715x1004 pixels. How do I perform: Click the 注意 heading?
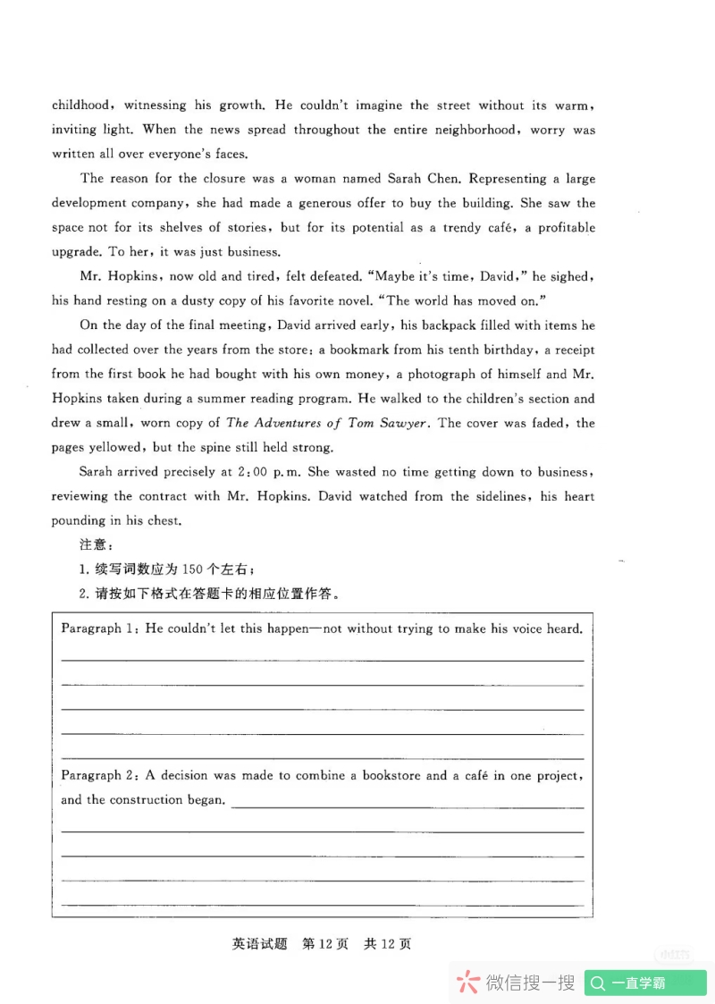click(90, 544)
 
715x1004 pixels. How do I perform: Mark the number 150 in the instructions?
click(193, 569)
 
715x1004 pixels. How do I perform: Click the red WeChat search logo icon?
click(467, 983)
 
